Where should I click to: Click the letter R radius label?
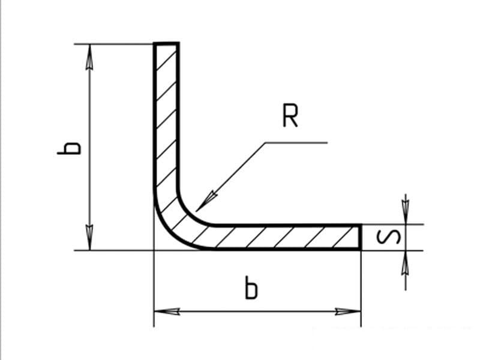point(290,116)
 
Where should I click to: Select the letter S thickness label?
point(388,236)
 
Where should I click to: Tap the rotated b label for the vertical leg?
point(69,148)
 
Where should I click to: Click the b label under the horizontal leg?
point(251,287)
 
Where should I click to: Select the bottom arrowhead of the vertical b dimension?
point(89,238)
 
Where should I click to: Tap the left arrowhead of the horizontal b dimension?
point(167,311)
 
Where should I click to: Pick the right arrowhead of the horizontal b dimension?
point(348,311)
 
